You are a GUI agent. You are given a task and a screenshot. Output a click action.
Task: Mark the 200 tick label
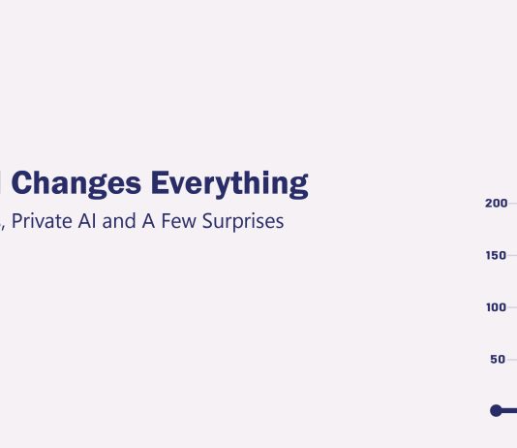tap(496, 204)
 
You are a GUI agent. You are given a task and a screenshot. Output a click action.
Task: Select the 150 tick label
tap(496, 256)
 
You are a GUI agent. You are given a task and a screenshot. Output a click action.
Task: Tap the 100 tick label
tap(496, 307)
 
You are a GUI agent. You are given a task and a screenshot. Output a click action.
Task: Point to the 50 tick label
tap(499, 360)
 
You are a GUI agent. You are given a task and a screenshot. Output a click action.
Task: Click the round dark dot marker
tap(497, 411)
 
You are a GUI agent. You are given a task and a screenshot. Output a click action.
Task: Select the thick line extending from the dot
tap(509, 411)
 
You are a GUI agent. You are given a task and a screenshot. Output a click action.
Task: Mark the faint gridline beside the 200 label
tap(513, 204)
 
